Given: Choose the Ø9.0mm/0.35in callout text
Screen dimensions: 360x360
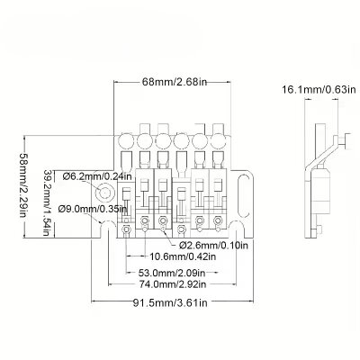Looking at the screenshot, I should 91,209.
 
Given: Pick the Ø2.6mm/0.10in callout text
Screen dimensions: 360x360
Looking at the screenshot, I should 216,244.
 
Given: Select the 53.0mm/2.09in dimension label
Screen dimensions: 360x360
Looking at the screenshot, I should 175,273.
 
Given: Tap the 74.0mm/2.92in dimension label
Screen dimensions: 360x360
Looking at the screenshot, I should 175,283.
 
